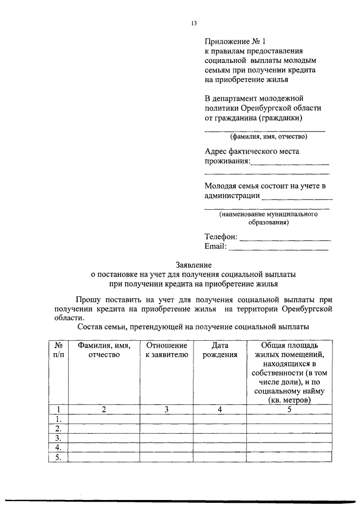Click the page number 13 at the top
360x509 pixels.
point(194,23)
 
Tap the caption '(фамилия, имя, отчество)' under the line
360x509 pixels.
point(267,136)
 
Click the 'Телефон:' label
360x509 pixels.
point(221,237)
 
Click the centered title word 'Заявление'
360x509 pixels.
point(193,264)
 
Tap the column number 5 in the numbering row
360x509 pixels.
point(289,409)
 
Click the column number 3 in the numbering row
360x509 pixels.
point(166,409)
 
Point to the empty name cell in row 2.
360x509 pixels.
point(104,429)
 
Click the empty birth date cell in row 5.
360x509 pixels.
point(220,457)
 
